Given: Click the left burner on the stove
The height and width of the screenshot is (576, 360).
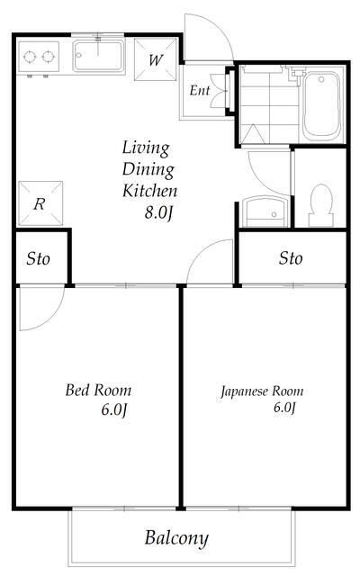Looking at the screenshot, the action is [30, 57].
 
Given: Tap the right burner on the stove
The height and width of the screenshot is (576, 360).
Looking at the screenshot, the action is [48, 57].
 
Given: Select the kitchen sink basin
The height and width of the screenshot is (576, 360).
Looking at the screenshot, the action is [98, 56].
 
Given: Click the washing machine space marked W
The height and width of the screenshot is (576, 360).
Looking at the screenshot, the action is [156, 59].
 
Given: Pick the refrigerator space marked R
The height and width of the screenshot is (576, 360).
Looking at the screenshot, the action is [40, 203].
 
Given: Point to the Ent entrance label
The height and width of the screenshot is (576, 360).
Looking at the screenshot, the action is [200, 90].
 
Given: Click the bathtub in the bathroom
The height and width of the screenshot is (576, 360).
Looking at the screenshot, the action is [321, 106].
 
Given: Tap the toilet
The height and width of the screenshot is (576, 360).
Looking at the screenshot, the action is [321, 205].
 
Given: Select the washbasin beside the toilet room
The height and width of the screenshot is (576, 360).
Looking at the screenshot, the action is [265, 211].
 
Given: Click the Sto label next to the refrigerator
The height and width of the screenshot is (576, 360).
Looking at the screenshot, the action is [38, 259].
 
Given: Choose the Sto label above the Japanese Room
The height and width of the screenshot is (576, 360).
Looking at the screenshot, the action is [291, 258].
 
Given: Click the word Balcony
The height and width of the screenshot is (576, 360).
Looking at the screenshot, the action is [176, 538].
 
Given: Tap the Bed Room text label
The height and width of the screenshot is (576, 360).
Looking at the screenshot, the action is [98, 390].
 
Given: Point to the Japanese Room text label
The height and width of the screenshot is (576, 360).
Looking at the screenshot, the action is [262, 391].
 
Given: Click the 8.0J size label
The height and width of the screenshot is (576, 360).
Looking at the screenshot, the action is [158, 212].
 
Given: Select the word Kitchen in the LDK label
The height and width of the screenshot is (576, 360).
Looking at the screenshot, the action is [150, 191].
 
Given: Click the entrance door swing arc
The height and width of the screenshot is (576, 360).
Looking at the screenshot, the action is [221, 26].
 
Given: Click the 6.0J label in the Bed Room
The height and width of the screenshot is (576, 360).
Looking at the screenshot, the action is [114, 409].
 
